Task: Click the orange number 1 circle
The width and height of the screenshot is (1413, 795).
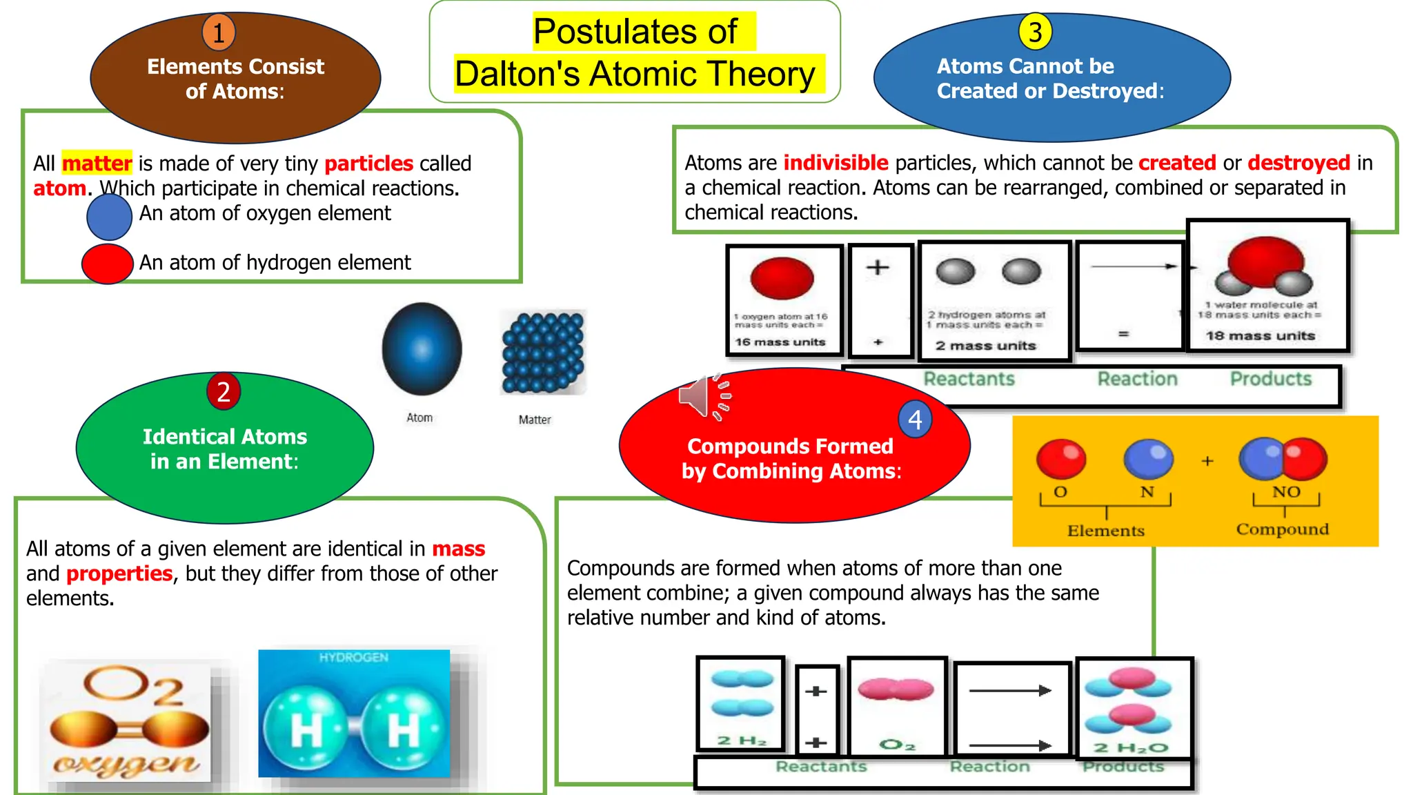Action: pyautogui.click(x=219, y=32)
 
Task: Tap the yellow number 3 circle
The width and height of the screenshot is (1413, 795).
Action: pyautogui.click(x=1035, y=32)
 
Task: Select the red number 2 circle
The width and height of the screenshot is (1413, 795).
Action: pyautogui.click(x=224, y=391)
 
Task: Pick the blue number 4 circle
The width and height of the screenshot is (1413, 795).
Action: pyautogui.click(x=915, y=419)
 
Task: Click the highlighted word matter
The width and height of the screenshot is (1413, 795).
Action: pyautogui.click(x=97, y=164)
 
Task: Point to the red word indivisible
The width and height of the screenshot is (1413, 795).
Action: pyautogui.click(x=836, y=163)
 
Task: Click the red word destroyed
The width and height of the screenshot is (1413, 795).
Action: pyautogui.click(x=1298, y=163)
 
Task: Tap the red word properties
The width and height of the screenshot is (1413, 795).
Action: pyautogui.click(x=119, y=573)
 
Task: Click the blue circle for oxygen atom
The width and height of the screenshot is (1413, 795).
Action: pyautogui.click(x=109, y=217)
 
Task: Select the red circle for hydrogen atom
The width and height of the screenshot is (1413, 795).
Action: pyautogui.click(x=107, y=264)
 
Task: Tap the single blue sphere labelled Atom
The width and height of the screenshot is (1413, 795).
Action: pyautogui.click(x=422, y=349)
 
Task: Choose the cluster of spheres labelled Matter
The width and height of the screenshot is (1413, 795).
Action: pyautogui.click(x=543, y=352)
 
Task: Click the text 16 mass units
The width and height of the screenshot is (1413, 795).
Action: pyautogui.click(x=780, y=342)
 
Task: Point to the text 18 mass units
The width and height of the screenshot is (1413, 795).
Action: pyautogui.click(x=1260, y=336)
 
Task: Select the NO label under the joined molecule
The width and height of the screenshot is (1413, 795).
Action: pyautogui.click(x=1286, y=492)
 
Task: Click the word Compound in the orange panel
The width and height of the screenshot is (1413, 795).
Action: pyautogui.click(x=1282, y=529)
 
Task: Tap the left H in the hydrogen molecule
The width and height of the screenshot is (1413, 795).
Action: pyautogui.click(x=306, y=730)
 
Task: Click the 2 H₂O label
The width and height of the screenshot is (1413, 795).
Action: pyautogui.click(x=1131, y=748)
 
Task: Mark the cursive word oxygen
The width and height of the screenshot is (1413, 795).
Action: pyautogui.click(x=126, y=764)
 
